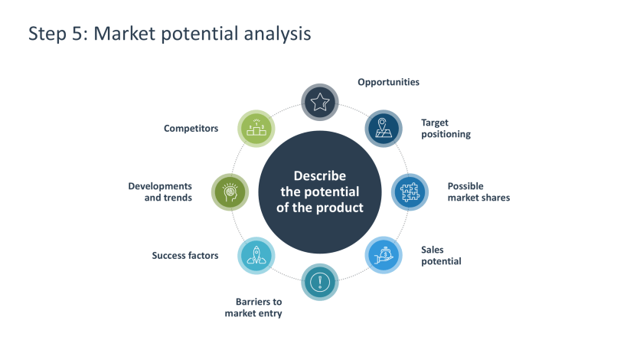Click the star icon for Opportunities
point(320,102)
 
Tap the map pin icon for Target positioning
point(384,128)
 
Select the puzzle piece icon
point(410,191)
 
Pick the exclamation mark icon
point(320,282)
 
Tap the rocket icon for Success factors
point(256,255)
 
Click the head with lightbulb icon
point(230,191)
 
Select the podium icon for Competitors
point(256,128)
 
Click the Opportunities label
point(388,82)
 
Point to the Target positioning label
point(446,128)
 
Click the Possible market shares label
point(478,191)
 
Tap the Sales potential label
point(441,255)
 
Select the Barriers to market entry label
point(253,308)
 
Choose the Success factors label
point(184,255)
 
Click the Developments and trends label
point(160,191)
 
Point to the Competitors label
point(191,128)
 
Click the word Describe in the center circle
point(320,176)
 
